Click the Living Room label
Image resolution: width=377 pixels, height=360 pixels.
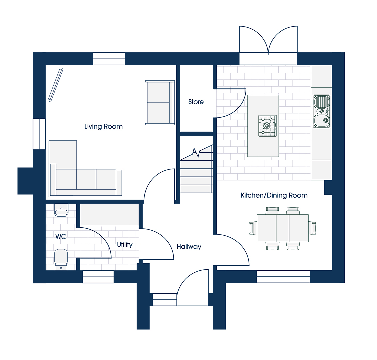coord(103,126)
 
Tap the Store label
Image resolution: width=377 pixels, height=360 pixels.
coord(196,102)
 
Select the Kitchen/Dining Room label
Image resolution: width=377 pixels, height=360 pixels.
coord(274,195)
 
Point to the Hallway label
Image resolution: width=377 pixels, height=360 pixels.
coord(189,246)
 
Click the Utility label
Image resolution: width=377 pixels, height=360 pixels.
coord(125,244)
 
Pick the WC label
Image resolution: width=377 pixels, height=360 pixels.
coord(61,237)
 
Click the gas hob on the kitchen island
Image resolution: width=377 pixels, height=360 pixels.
coord(267,126)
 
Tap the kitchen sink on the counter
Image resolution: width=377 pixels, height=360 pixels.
coord(321,111)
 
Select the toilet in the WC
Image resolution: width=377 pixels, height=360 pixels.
coord(61,259)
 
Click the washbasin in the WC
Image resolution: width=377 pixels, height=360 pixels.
coord(61,210)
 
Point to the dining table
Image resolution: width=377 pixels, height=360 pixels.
coord(283,228)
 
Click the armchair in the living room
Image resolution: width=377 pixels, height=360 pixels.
coord(160,103)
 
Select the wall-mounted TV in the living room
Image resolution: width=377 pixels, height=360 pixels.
coord(56,85)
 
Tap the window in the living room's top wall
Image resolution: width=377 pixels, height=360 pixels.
coord(109,59)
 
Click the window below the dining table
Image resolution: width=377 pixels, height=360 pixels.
coord(283,277)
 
